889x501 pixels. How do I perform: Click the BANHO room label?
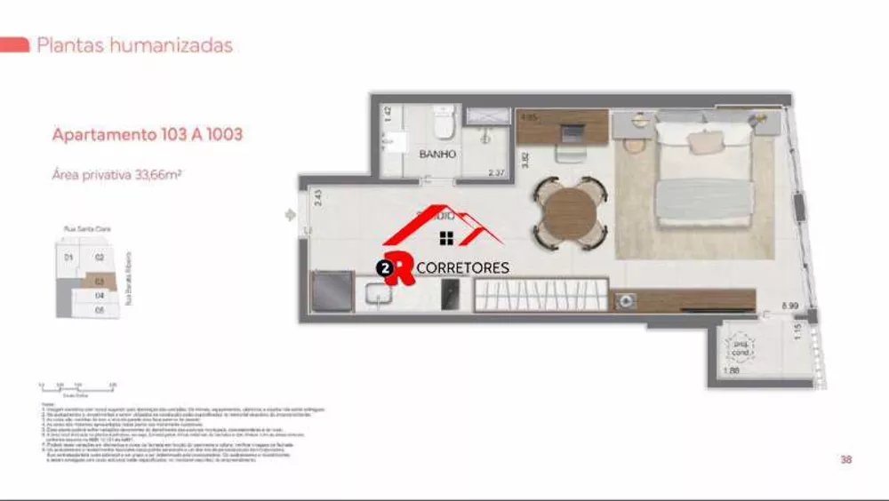click(437, 154)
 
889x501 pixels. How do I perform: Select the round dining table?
click(570, 211)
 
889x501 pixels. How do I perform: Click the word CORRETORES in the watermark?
click(463, 267)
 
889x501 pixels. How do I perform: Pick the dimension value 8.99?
click(789, 305)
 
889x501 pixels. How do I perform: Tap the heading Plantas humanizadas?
click(134, 45)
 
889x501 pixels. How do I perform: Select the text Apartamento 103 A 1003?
click(148, 135)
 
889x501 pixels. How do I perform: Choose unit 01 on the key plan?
click(68, 258)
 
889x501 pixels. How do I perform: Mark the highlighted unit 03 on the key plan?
click(100, 281)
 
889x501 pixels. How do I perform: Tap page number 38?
click(845, 459)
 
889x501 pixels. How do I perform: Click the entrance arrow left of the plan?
click(289, 215)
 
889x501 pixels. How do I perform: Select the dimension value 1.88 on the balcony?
click(732, 370)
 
